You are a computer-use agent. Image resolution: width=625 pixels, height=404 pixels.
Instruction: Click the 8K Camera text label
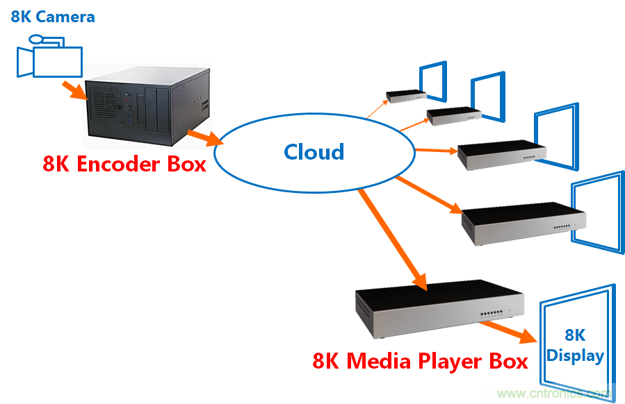[53, 16]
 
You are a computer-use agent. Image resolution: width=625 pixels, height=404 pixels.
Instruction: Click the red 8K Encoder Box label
[124, 165]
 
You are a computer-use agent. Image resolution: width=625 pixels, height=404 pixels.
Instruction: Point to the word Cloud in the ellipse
[314, 152]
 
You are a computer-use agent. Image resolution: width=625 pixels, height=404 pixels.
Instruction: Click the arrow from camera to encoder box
[72, 91]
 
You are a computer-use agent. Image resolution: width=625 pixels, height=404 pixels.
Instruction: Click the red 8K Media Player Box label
[420, 362]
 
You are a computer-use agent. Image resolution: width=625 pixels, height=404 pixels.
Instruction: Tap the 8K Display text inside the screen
[574, 346]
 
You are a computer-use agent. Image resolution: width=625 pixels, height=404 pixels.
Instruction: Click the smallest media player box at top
[406, 96]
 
